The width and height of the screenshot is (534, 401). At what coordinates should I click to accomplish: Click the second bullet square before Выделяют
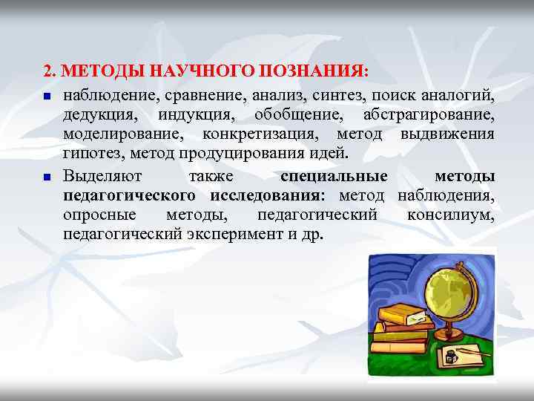point(46,177)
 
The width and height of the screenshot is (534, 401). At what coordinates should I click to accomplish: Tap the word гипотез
point(93,154)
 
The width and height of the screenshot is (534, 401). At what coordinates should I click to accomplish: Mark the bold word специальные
point(334,177)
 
